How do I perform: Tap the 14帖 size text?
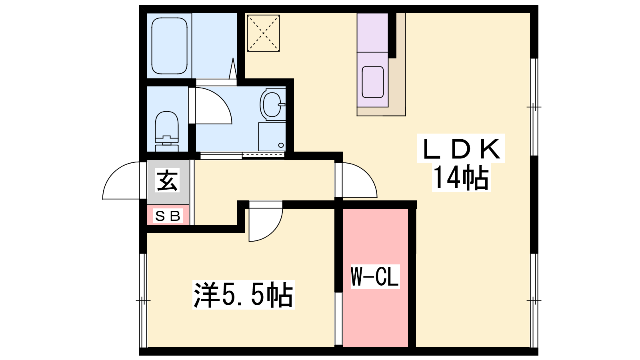click(460, 178)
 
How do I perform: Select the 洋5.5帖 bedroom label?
click(244, 294)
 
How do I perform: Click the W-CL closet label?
click(375, 276)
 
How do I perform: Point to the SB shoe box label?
click(168, 216)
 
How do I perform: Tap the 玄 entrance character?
click(168, 180)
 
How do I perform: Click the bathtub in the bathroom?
click(169, 46)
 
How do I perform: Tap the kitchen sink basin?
click(372, 82)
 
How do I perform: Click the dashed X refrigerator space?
click(263, 33)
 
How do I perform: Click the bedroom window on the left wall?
click(143, 300)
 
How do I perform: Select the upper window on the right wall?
click(534, 107)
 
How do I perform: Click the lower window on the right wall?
click(534, 300)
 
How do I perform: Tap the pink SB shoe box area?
click(168, 215)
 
